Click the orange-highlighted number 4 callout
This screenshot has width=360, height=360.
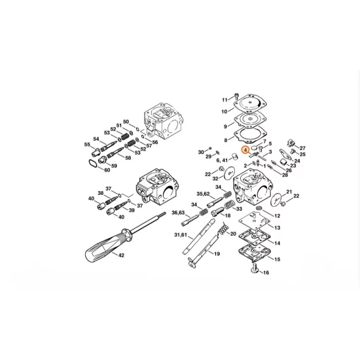click(245, 149)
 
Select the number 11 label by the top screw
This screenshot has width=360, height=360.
click(224, 99)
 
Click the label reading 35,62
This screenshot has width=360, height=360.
click(204, 194)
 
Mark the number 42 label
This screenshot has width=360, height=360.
click(120, 255)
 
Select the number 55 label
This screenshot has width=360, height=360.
click(87, 144)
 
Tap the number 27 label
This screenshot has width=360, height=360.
click(302, 149)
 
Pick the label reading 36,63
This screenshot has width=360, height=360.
click(179, 213)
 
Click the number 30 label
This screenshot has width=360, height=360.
click(201, 152)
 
